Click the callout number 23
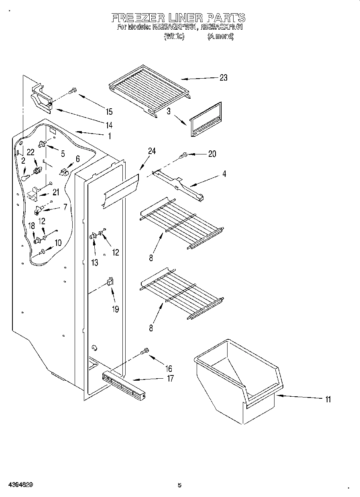point(223,78)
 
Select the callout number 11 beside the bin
point(328,399)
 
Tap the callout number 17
point(170,378)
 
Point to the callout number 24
point(152,151)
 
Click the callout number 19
point(116,310)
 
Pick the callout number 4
point(224,174)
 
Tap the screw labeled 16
point(145,352)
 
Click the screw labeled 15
point(73,91)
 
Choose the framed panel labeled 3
point(205,120)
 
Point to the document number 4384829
point(17,485)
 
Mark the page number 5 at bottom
point(179,485)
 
